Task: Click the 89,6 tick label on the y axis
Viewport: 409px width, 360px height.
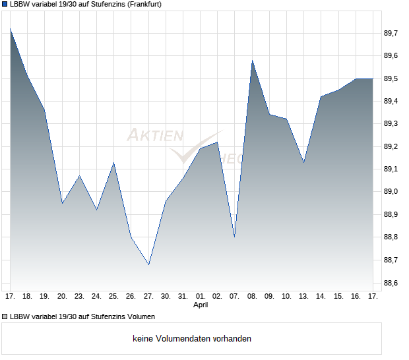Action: (x=392, y=56)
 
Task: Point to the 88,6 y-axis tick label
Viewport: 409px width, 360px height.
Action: (x=392, y=284)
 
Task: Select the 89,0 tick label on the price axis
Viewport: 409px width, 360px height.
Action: (x=392, y=192)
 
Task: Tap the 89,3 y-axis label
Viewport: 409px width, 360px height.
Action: (x=392, y=124)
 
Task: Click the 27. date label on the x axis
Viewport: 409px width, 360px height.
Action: (x=148, y=297)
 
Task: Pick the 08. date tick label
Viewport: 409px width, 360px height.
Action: (x=252, y=297)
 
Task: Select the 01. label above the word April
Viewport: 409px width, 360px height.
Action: (x=201, y=297)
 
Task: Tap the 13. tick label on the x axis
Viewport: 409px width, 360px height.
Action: (x=303, y=297)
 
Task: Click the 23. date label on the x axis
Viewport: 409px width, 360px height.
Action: (x=79, y=297)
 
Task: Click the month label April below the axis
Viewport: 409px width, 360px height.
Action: (x=201, y=305)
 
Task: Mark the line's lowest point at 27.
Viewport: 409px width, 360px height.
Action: (x=148, y=265)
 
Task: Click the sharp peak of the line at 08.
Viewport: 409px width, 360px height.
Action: (x=252, y=61)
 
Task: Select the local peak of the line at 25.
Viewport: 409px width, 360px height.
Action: (x=114, y=163)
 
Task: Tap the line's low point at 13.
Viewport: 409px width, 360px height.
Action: (x=303, y=162)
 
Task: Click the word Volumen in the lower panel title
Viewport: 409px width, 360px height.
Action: (x=140, y=316)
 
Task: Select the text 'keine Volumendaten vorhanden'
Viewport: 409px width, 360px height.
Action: (x=192, y=339)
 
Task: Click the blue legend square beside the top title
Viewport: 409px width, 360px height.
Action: (x=5, y=4)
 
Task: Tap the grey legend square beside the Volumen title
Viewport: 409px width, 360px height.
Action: (x=5, y=316)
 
